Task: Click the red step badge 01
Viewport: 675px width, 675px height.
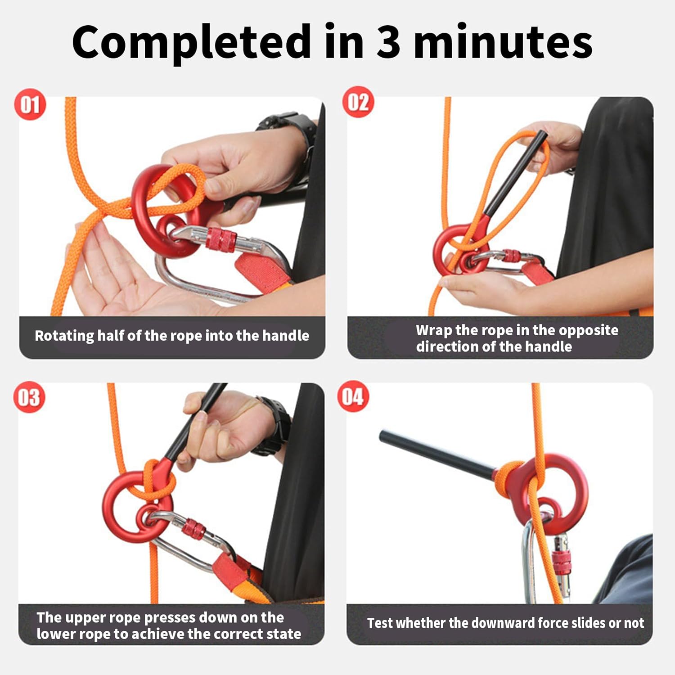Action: [30, 104]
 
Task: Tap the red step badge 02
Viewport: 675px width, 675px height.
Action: [358, 102]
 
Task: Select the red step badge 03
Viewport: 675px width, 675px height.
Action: [29, 397]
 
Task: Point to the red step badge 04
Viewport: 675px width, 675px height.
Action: [353, 396]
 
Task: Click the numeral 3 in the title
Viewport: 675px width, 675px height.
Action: [388, 42]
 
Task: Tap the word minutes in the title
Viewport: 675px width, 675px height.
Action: [503, 42]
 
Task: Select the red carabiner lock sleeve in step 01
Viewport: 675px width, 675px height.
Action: [221, 239]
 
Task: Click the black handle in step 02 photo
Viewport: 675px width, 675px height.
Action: [517, 175]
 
